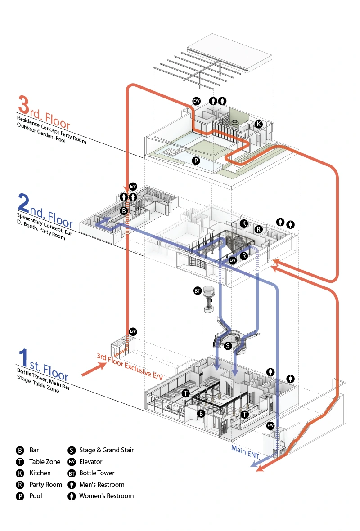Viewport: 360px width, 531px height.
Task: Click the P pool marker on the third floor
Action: point(196,161)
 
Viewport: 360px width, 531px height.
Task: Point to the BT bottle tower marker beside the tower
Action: point(197,291)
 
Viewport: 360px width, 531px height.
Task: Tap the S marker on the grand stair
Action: point(228,346)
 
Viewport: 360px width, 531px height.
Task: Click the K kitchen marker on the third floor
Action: point(258,124)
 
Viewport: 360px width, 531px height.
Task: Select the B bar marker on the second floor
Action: point(124,210)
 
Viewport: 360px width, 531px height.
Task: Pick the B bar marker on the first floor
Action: point(202,413)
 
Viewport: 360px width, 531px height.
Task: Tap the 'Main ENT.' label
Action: point(245,451)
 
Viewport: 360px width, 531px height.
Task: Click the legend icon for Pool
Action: point(20,496)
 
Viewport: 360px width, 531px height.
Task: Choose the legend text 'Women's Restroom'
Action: point(106,496)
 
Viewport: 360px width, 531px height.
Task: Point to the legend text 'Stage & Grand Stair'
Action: point(106,450)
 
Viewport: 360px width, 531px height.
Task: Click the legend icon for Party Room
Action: point(20,485)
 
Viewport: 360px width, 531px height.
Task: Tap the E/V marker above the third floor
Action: point(197,101)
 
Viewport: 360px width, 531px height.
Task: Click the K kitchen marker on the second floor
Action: point(244,223)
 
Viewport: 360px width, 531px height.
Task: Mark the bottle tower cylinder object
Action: point(208,299)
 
